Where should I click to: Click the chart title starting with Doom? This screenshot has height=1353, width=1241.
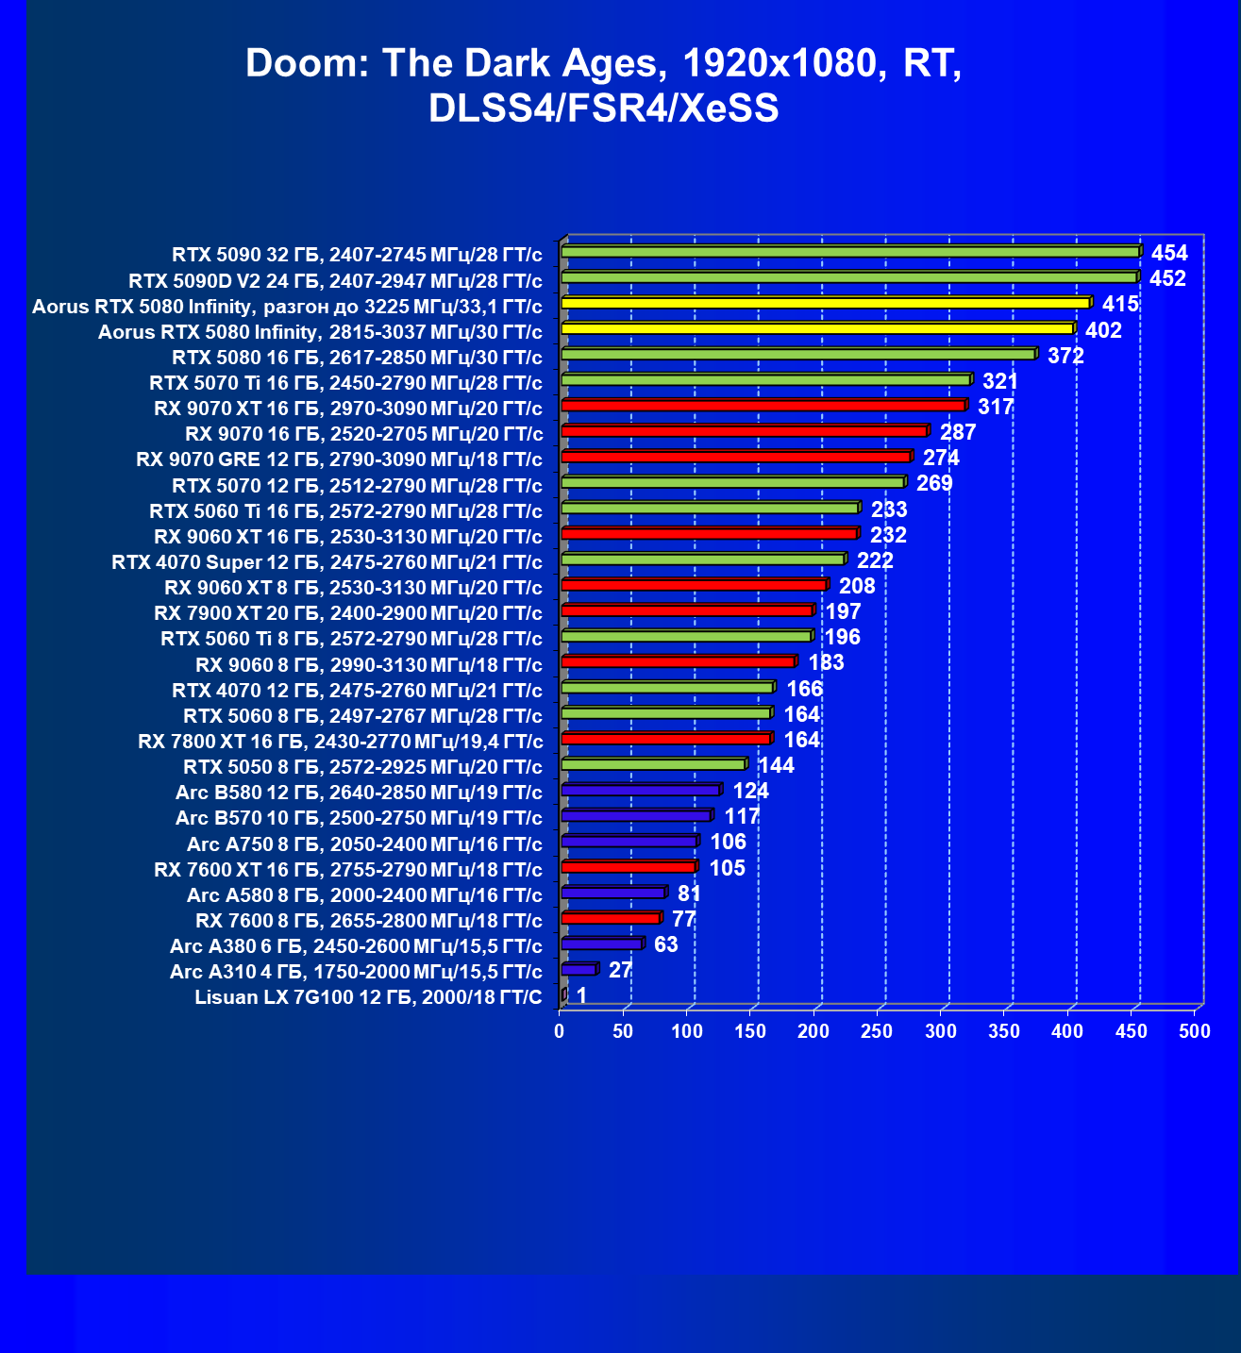pos(603,85)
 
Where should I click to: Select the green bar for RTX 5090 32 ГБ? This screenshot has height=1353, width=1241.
pos(851,252)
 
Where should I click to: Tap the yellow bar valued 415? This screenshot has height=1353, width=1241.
pos(827,303)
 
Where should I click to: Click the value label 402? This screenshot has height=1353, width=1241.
pos(1103,330)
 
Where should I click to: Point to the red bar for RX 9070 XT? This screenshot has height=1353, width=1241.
pos(764,405)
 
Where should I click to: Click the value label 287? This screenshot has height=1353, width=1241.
pos(958,432)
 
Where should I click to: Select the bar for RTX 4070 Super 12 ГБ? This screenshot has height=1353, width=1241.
pos(704,560)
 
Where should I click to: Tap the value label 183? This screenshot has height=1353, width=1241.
pos(826,662)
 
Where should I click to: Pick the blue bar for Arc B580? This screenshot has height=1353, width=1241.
pos(642,789)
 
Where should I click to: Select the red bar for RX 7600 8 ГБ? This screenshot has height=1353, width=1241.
pos(612,917)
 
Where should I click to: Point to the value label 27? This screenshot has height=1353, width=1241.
pos(620,970)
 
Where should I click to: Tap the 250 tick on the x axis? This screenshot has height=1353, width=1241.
pos(877,1030)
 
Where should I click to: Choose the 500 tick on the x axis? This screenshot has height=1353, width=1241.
pos(1195,1030)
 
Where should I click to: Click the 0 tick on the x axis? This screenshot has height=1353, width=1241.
pos(559,1030)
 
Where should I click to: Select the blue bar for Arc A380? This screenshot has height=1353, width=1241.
pos(603,943)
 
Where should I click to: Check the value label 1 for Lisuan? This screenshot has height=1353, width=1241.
pos(581,995)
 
